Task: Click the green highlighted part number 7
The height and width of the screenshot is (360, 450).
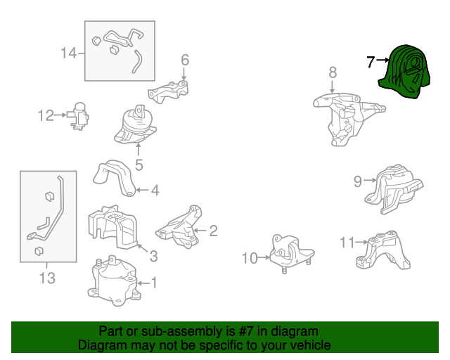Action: [x=405, y=72]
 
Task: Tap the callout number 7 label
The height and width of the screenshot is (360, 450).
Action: [x=371, y=61]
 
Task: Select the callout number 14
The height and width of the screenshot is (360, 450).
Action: [x=69, y=53]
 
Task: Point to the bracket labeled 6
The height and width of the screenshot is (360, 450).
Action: [x=168, y=91]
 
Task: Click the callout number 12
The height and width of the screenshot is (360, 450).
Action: [x=46, y=115]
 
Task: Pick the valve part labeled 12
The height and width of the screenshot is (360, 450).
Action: [x=78, y=116]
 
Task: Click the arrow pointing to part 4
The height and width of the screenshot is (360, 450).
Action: [x=142, y=190]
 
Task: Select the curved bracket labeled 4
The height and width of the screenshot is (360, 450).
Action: [x=115, y=178]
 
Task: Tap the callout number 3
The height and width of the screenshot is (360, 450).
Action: [x=154, y=256]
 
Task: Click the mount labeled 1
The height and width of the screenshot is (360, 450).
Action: [x=114, y=281]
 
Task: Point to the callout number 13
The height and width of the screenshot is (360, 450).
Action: [x=47, y=278]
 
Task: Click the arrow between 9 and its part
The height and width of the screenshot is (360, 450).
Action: [x=370, y=180]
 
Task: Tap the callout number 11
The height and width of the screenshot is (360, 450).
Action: [x=347, y=243]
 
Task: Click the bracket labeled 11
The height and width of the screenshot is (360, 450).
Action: [x=383, y=250]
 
